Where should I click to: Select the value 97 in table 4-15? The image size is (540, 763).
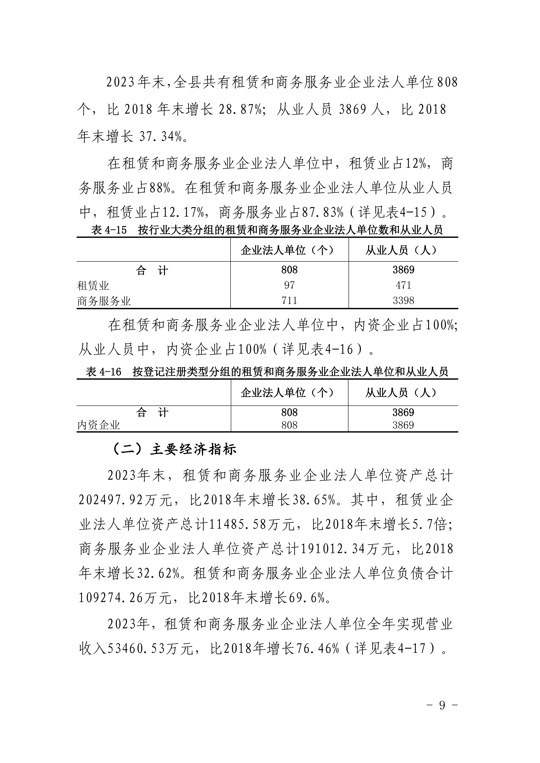click(x=289, y=285)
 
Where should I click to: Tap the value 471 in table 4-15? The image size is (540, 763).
click(x=403, y=285)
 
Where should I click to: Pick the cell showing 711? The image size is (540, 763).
click(x=289, y=300)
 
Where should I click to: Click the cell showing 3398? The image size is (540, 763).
click(x=403, y=300)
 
